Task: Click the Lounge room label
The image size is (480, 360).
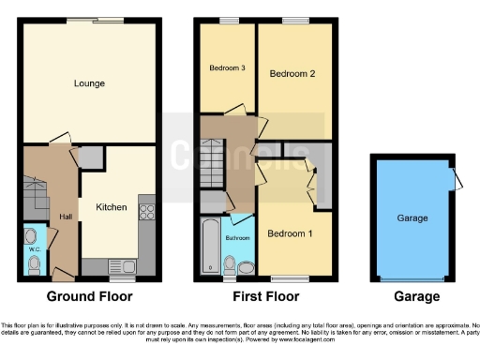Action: [89, 83]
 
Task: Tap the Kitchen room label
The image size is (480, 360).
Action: [111, 207]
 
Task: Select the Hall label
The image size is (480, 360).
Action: [66, 217]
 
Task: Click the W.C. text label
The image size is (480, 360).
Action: [33, 249]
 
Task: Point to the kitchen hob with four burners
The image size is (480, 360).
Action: [146, 211]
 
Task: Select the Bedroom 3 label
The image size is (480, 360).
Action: [226, 67]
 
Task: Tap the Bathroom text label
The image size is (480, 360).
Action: [238, 238]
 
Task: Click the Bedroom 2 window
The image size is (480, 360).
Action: [295, 20]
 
